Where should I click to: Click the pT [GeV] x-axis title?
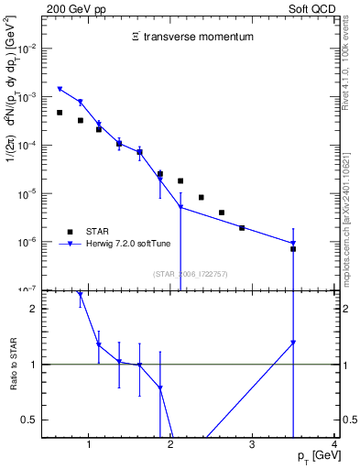[313, 455]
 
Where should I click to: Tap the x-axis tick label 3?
[253, 444]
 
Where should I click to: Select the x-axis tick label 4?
[334, 444]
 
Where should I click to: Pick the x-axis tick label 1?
[89, 444]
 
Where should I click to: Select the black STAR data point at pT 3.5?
[293, 248]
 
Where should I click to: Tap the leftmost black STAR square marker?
[60, 113]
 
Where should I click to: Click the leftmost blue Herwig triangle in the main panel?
[60, 89]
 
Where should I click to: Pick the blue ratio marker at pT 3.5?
[293, 343]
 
